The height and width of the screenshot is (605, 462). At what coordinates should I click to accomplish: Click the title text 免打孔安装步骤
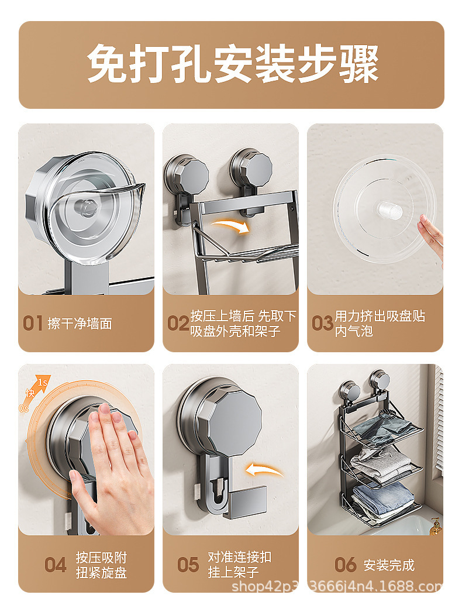click(x=233, y=63)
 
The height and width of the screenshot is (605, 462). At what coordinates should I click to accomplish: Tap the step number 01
click(x=32, y=323)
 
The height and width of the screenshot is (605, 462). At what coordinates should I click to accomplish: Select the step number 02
click(x=178, y=323)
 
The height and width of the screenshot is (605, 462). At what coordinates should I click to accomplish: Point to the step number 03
click(x=322, y=323)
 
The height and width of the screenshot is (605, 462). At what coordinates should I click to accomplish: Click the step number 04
click(x=55, y=565)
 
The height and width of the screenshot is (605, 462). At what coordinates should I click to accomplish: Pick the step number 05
click(x=188, y=565)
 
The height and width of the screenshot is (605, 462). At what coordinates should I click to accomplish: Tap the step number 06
click(x=345, y=565)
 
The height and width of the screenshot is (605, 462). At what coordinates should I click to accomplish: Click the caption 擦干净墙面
click(x=80, y=324)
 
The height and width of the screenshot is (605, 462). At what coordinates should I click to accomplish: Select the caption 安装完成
click(x=389, y=565)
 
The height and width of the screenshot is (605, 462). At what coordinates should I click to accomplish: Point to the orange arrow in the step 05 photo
click(x=264, y=470)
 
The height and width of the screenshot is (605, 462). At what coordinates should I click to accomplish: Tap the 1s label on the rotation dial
click(x=43, y=383)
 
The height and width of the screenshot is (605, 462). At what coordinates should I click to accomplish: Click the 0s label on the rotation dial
click(x=23, y=408)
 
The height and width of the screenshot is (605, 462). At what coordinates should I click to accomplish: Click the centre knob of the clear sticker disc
click(x=389, y=210)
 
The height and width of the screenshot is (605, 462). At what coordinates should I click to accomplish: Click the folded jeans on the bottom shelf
click(x=383, y=500)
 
